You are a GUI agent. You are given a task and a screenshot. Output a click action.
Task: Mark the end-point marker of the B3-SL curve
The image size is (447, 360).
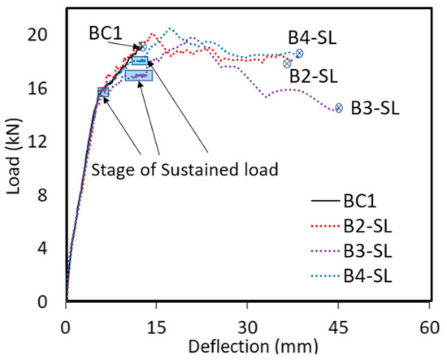[x=339, y=107]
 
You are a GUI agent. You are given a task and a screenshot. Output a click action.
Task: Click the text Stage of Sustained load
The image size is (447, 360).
[x=185, y=170]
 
